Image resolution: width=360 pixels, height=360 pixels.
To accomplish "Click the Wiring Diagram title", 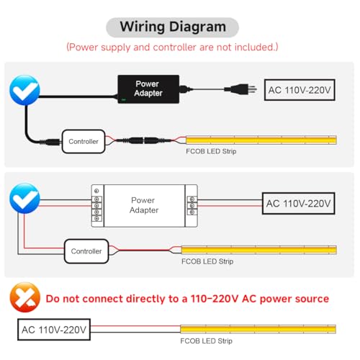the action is point(173,27).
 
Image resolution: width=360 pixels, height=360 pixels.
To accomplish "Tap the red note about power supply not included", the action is point(172,47).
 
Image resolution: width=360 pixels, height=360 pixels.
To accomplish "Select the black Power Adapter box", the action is point(148,89).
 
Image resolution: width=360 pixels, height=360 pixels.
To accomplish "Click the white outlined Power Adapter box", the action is point(145,206).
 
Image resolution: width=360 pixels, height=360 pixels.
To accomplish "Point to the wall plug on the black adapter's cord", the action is point(240,89).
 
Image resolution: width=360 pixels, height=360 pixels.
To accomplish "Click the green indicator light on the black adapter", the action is point(124,99).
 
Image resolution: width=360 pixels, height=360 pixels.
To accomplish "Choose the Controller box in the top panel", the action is point(84,141).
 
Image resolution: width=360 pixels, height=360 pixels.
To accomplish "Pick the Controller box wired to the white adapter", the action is point(86,251).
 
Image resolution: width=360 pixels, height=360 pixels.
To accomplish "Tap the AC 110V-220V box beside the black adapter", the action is point(300,90).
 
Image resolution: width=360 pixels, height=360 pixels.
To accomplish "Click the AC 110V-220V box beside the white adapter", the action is point(298,203).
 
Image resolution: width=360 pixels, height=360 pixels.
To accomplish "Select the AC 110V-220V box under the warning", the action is point(54,330).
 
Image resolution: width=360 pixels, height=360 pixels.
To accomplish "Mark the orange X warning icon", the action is point(25,297).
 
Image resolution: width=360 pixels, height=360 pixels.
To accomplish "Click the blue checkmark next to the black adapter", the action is point(24,90).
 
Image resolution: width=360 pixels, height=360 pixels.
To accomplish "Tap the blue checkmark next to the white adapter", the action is point(24,198).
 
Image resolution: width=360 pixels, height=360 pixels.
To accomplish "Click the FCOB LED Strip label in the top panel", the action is point(211,151).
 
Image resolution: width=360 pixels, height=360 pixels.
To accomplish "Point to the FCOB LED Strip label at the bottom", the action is point(207,341).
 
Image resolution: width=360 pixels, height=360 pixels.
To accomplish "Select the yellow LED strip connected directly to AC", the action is point(258,329).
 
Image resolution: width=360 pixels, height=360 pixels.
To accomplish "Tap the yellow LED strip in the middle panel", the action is point(258,250).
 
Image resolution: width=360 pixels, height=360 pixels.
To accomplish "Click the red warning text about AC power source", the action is point(187,299).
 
